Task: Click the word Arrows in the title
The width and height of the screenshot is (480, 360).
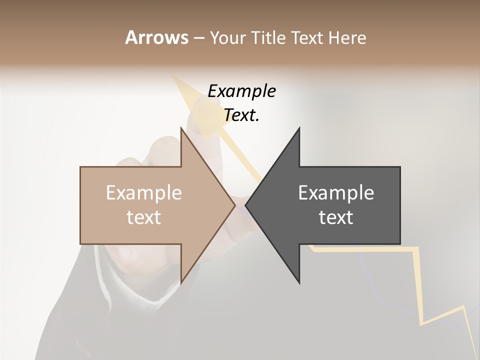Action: click(x=156, y=37)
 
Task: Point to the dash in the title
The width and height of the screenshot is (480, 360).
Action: click(x=198, y=38)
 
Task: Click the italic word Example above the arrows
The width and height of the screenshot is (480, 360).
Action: click(x=241, y=91)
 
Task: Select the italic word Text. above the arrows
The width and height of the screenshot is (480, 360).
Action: click(x=241, y=115)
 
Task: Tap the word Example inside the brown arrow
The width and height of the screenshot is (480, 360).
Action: click(x=144, y=193)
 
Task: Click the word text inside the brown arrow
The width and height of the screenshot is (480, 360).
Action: click(x=144, y=217)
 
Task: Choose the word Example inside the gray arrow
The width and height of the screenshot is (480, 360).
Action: click(x=336, y=193)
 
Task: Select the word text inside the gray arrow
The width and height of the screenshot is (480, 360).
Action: click(x=336, y=217)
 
